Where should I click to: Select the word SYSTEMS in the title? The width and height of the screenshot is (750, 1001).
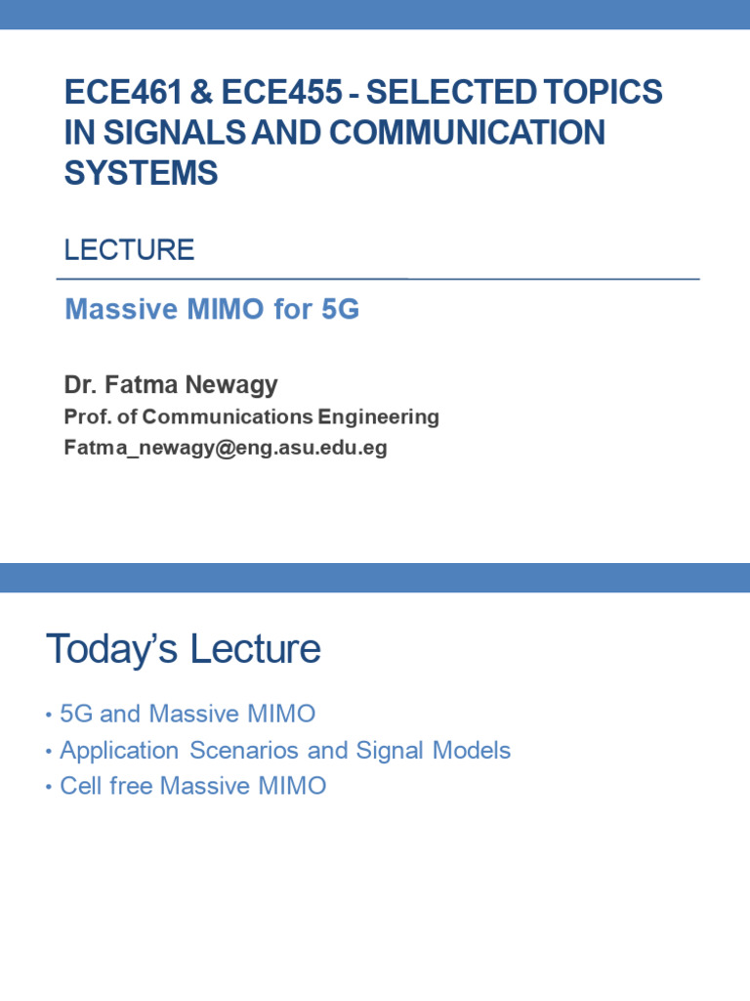point(141,173)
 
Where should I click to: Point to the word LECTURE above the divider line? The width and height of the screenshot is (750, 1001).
point(129,250)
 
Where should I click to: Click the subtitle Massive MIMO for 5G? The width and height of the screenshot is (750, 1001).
point(212,310)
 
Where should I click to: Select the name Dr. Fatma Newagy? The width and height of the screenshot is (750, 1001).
point(171,385)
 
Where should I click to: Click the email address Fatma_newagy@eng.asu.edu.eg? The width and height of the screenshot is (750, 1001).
point(226,448)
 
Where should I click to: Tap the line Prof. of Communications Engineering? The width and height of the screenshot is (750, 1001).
point(251,417)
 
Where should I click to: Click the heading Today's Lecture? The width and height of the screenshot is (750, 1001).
point(184,649)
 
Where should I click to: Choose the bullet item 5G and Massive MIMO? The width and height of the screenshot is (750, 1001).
point(187,715)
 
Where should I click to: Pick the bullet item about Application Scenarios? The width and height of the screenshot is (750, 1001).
point(285,751)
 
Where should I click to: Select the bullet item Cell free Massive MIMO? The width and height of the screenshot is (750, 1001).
point(192,786)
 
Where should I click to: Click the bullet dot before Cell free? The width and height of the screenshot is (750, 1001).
point(49,787)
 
